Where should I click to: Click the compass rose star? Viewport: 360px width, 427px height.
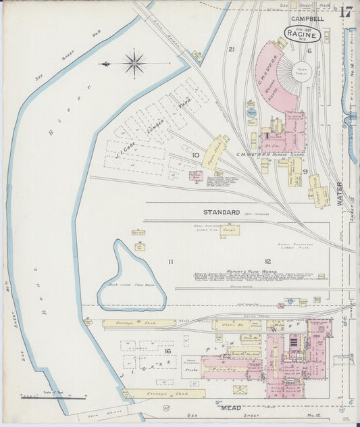click(135, 64)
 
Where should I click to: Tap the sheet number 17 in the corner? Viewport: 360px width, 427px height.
click(346, 11)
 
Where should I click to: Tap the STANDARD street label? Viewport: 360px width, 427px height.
click(222, 212)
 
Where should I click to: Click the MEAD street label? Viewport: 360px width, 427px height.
click(231, 408)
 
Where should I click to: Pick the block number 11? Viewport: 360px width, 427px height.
click(171, 261)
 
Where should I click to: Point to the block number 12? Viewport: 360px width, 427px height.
click(267, 261)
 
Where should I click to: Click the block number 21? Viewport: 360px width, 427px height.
click(231, 49)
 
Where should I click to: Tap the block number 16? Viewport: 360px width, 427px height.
click(165, 352)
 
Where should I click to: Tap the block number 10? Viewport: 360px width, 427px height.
click(196, 155)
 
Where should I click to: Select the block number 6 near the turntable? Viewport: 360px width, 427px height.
click(309, 50)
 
